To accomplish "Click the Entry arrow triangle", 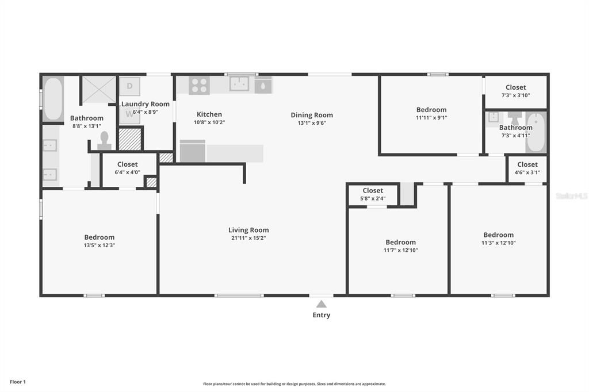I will pyautogui.click(x=322, y=304).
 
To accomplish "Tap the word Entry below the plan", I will pyautogui.click(x=322, y=315).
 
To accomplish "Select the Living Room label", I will pyautogui.click(x=248, y=230).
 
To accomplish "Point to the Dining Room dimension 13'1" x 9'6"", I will pyautogui.click(x=312, y=123).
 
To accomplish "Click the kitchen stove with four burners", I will pyautogui.click(x=199, y=86).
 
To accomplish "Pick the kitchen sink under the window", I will pyautogui.click(x=239, y=84).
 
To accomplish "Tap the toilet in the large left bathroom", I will pyautogui.click(x=104, y=141).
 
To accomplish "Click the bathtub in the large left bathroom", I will pyautogui.click(x=53, y=99).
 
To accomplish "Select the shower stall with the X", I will pyautogui.click(x=99, y=89).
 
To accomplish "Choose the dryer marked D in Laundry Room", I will pyautogui.click(x=129, y=86).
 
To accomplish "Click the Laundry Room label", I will pyautogui.click(x=146, y=104).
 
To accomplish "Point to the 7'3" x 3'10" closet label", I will pyautogui.click(x=515, y=95).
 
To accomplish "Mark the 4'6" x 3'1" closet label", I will pyautogui.click(x=527, y=172).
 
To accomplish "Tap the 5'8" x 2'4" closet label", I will pyautogui.click(x=373, y=199).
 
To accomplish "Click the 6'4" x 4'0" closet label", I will pyautogui.click(x=128, y=172).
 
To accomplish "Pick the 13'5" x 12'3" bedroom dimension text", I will pyautogui.click(x=99, y=245).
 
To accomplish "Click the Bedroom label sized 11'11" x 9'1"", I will pyautogui.click(x=431, y=110).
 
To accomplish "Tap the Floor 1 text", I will pyautogui.click(x=18, y=382).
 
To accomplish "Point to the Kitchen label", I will pyautogui.click(x=209, y=114).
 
